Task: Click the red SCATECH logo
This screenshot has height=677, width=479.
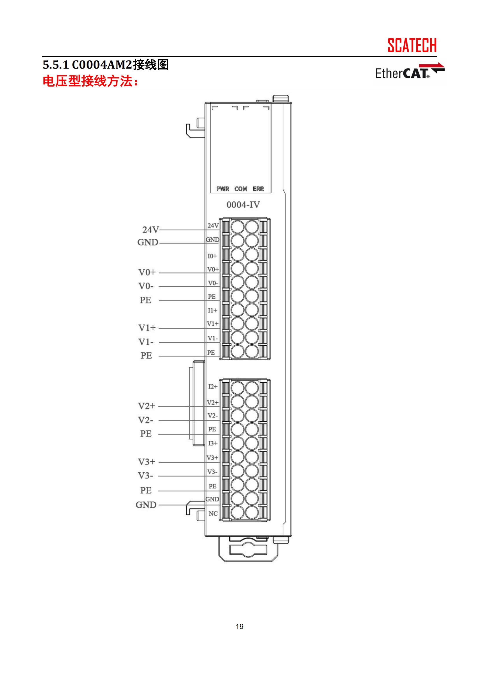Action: [412, 45]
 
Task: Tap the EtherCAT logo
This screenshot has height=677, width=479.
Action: [410, 71]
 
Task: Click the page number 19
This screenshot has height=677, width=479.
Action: [239, 627]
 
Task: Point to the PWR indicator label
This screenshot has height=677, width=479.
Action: [223, 189]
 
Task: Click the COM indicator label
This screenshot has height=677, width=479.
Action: [241, 189]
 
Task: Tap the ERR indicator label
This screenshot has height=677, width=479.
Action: [258, 189]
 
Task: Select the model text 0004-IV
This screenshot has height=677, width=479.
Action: [243, 205]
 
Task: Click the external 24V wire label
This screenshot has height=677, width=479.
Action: [150, 230]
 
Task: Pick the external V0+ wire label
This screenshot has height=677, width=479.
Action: [147, 272]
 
